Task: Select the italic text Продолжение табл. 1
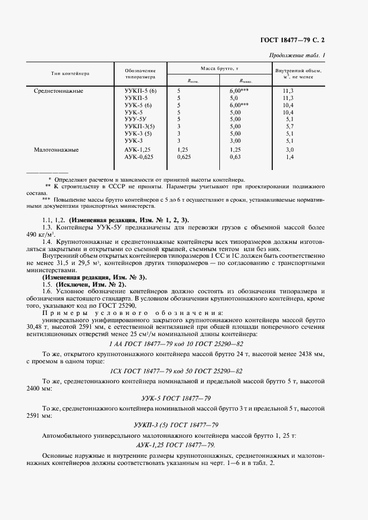(x=297, y=55)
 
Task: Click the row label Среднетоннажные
(x=58, y=91)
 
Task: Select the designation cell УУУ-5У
(x=135, y=119)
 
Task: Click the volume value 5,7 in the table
(x=288, y=127)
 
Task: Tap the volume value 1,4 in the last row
(x=288, y=157)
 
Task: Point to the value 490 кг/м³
(x=53, y=234)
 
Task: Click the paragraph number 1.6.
(x=47, y=291)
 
